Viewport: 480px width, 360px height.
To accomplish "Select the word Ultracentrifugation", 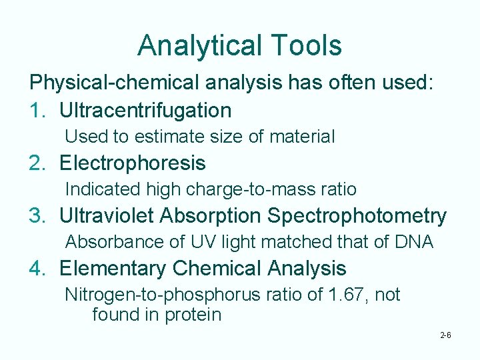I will point(145,110).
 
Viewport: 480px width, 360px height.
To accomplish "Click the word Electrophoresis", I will point(133,163).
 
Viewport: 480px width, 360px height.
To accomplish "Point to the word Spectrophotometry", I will point(357,216).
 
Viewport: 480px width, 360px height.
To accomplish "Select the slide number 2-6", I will point(445,335).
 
